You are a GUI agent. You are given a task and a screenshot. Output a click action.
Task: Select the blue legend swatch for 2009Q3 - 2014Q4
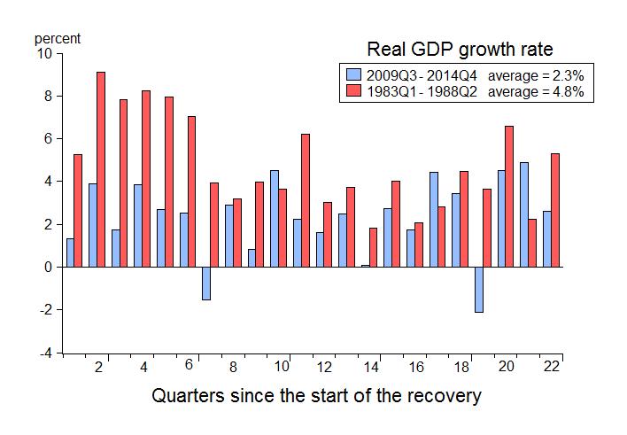coord(354,74)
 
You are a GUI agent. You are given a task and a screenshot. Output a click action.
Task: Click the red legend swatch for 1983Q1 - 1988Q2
coord(354,90)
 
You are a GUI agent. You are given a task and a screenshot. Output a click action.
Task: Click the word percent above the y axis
coord(58,38)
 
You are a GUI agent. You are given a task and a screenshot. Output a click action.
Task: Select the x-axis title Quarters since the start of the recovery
coord(316,395)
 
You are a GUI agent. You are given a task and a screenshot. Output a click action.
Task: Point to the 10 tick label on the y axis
coord(44,53)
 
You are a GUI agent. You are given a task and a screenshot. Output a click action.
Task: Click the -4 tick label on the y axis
coord(45,353)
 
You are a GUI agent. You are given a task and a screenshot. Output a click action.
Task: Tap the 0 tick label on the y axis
coord(48,267)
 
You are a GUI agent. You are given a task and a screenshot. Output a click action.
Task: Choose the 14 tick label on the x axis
coord(372,368)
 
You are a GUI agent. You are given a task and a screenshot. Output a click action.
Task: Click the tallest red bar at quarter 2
coord(101,168)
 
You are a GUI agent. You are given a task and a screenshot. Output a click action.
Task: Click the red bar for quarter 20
coord(509,196)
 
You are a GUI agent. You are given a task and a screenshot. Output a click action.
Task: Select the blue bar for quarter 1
coord(70,252)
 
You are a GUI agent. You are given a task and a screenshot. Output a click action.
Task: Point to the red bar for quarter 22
coord(555,210)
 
